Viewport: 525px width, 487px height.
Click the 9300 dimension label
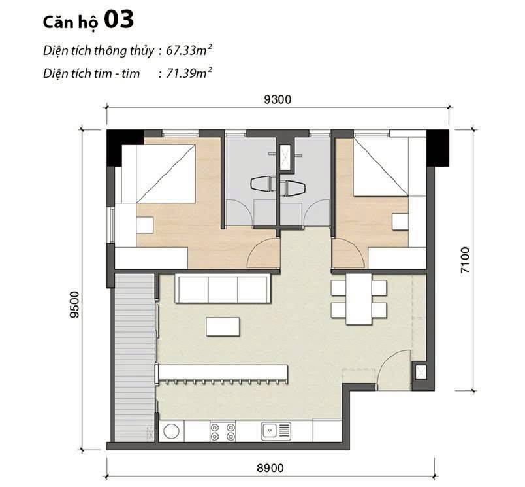(278, 99)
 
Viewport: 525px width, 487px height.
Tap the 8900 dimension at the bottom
(270, 467)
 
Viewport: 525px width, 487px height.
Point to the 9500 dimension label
(74, 305)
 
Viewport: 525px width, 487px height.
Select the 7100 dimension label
(465, 260)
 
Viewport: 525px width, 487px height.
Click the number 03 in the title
(119, 20)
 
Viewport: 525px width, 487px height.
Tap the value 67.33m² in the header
(189, 50)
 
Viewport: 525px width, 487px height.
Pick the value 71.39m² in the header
(189, 73)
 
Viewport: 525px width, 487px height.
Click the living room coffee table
(223, 327)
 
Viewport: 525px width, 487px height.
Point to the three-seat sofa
(223, 288)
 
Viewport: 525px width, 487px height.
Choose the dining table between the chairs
(358, 299)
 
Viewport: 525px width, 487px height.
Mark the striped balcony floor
(135, 358)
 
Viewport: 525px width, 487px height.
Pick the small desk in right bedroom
(400, 222)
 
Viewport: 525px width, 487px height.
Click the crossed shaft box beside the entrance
(420, 372)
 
